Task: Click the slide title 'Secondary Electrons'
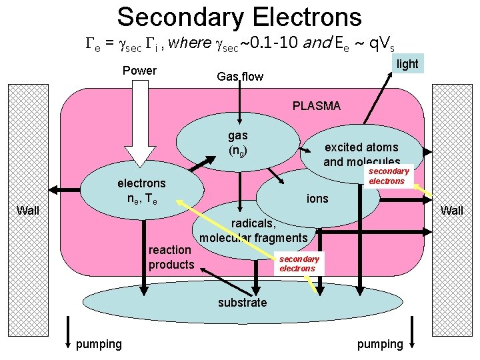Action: (239, 17)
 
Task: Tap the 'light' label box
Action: (407, 63)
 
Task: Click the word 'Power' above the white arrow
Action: (139, 71)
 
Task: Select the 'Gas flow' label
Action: (240, 77)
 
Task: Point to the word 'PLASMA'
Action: (317, 105)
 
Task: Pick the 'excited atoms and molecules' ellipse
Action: (361, 154)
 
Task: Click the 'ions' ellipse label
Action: (317, 198)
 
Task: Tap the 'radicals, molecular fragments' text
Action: (253, 231)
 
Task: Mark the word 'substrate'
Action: (242, 303)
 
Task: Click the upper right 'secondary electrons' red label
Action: (387, 176)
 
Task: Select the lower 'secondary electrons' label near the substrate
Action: (297, 263)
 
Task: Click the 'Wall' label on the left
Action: (28, 211)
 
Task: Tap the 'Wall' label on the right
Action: (452, 211)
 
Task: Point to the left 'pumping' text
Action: (99, 343)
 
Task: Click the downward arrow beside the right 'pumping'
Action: (413, 331)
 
